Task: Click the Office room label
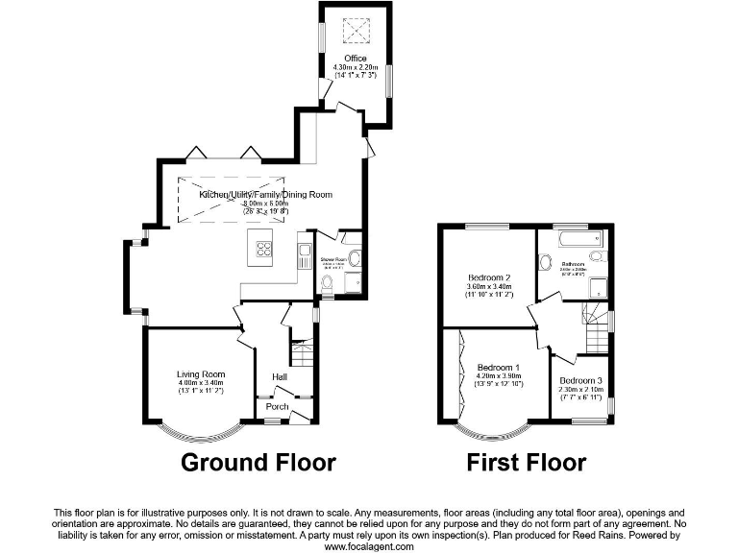pyautogui.click(x=356, y=59)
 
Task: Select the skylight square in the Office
pyautogui.click(x=356, y=32)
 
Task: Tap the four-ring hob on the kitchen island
pyautogui.click(x=263, y=252)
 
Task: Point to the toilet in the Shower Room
pyautogui.click(x=326, y=282)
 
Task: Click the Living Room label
pyautogui.click(x=200, y=374)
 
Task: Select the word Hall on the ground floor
pyautogui.click(x=280, y=376)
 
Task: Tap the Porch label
pyautogui.click(x=277, y=407)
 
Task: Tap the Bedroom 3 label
pyautogui.click(x=581, y=380)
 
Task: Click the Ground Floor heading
pyautogui.click(x=258, y=463)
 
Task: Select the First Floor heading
pyautogui.click(x=526, y=463)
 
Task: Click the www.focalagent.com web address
pyautogui.click(x=368, y=546)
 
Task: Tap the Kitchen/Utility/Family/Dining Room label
pyautogui.click(x=266, y=195)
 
